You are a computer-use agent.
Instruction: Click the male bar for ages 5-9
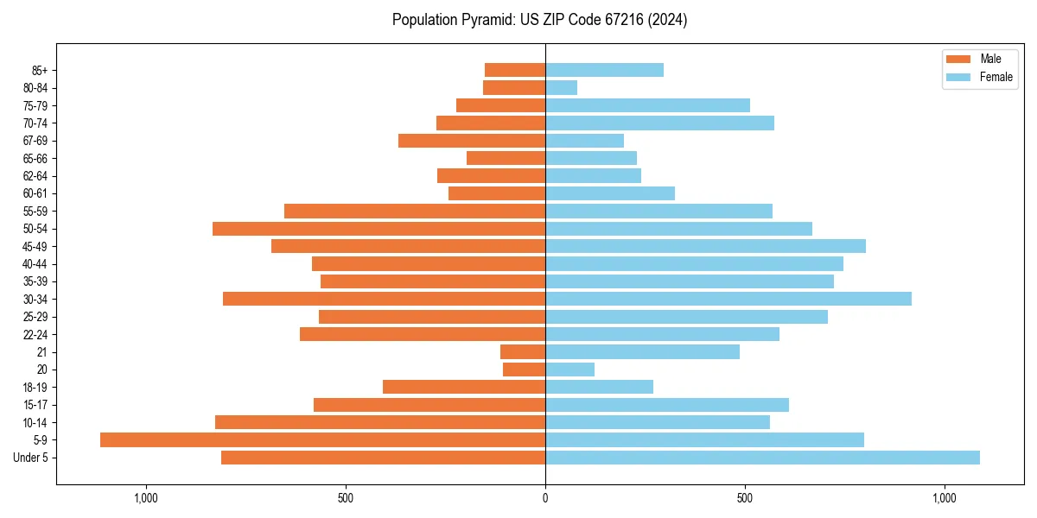(x=322, y=439)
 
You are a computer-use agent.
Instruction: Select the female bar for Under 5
(x=762, y=458)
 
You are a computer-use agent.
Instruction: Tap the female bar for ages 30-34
(x=728, y=299)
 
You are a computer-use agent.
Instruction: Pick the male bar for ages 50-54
(x=379, y=229)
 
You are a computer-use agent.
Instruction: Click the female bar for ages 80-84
(x=561, y=87)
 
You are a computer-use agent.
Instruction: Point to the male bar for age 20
(x=524, y=370)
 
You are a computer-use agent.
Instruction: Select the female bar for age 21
(x=642, y=351)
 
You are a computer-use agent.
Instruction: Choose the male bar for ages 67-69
(x=472, y=141)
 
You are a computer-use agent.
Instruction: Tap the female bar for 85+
(x=604, y=70)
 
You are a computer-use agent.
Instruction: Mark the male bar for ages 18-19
(x=464, y=387)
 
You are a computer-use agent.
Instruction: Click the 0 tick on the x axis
(x=545, y=497)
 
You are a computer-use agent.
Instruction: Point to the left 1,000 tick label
(x=146, y=497)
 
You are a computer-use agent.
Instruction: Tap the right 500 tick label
(x=745, y=497)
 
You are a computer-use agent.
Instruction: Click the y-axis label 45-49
(x=34, y=246)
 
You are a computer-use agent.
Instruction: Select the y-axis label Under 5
(x=31, y=458)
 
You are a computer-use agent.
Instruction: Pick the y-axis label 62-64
(x=34, y=176)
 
